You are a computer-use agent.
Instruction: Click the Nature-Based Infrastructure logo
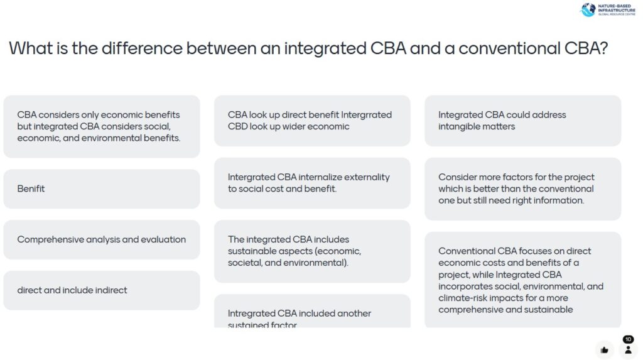click(607, 10)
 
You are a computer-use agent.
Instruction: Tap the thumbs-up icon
click(604, 350)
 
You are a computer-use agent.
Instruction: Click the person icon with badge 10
click(628, 349)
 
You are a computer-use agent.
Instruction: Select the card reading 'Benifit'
click(102, 188)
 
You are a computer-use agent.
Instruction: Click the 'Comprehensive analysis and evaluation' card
click(102, 239)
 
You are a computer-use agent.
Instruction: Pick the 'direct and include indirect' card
click(102, 290)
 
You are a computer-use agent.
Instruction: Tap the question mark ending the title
click(603, 48)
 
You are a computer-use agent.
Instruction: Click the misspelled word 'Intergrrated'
click(366, 115)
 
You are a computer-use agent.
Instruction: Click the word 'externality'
click(364, 177)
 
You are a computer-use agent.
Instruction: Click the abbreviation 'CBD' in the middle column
click(238, 126)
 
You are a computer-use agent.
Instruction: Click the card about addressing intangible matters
click(522, 121)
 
